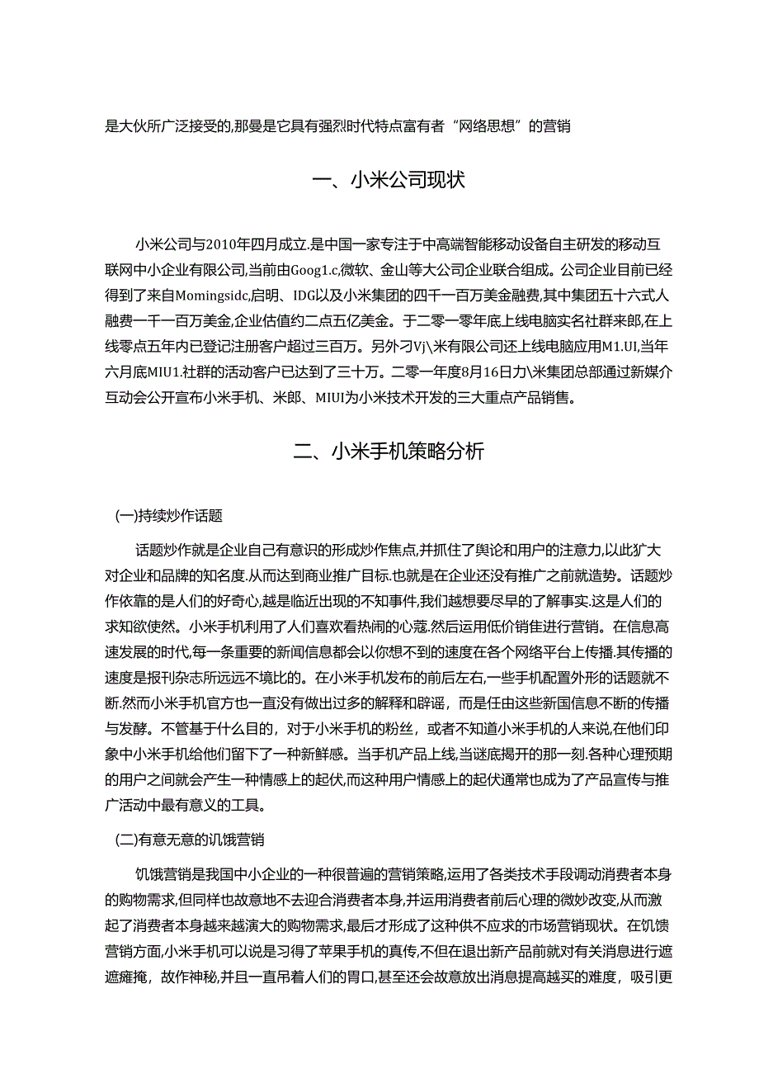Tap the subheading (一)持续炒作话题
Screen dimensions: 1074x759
pos(169,517)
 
